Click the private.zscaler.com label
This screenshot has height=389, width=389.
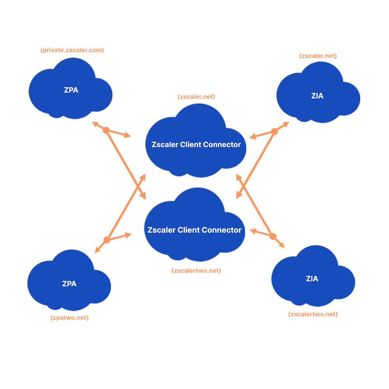pos(72,50)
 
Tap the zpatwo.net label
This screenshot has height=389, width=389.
pos(70,318)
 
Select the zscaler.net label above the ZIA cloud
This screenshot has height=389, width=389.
pos(318,56)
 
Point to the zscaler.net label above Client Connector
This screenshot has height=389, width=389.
pos(196,97)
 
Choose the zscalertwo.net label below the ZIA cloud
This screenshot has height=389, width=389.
pos(313,314)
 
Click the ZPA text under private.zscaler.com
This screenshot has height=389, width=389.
pos(71,90)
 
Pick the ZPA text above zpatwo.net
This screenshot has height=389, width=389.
pos(69,284)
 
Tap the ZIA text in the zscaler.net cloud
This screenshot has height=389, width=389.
pos(317,96)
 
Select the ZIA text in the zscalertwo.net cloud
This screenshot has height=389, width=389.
pos(312,279)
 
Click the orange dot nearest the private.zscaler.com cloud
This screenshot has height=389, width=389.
pos(106,130)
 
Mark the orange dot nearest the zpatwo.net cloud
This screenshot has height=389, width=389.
pos(107,240)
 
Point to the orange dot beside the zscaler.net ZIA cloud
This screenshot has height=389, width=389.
pos(275,131)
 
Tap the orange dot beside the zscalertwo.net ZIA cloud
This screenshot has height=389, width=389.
pos(273,237)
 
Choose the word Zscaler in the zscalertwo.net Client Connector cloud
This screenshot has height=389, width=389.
pos(161,230)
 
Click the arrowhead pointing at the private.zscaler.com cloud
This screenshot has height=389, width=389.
pos(94,124)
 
